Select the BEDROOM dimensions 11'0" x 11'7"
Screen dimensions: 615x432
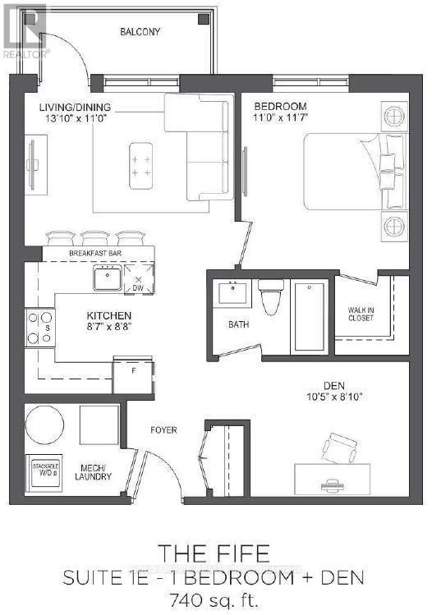click(279, 119)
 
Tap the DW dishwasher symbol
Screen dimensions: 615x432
click(137, 281)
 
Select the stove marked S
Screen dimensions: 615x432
click(39, 328)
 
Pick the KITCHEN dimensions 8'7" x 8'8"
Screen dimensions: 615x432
click(109, 327)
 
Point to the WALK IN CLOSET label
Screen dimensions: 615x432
click(361, 313)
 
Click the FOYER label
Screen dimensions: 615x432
click(163, 429)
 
